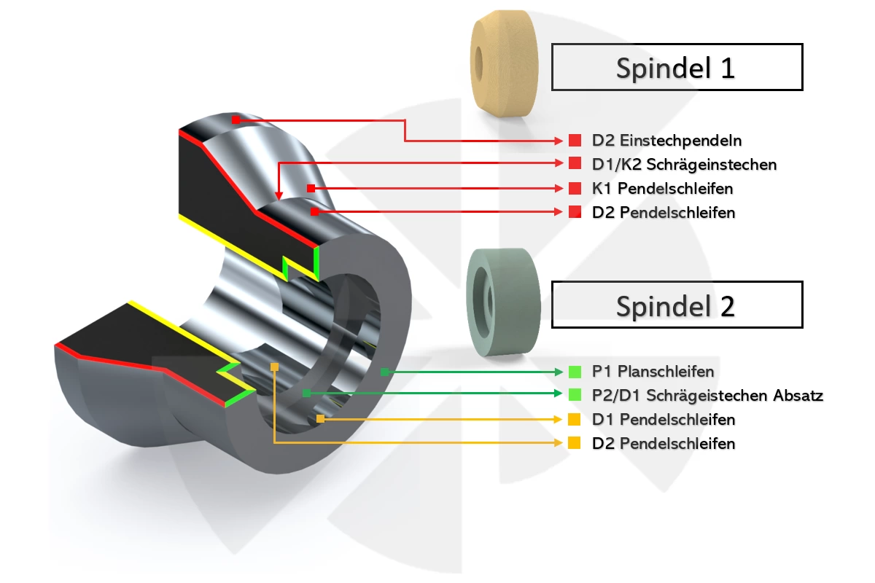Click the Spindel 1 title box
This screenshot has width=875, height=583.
tap(677, 67)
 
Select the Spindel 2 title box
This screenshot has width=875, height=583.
tap(677, 305)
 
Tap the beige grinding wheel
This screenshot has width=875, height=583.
tap(505, 63)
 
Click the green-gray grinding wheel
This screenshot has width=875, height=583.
tap(504, 302)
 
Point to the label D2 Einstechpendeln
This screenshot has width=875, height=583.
tap(666, 141)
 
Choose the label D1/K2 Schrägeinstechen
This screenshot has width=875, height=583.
tap(684, 165)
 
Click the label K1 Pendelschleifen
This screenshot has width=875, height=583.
tap(663, 188)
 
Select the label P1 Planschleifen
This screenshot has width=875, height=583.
tap(653, 372)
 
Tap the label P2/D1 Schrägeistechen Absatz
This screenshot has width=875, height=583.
tap(707, 395)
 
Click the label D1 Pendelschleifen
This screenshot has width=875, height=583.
tap(664, 419)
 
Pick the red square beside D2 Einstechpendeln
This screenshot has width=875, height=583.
tap(575, 140)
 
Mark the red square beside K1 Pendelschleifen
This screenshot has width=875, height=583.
tap(575, 188)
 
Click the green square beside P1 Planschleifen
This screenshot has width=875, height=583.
tap(575, 372)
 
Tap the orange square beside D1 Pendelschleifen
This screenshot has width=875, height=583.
tap(575, 419)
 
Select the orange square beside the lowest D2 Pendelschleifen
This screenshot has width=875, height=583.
tap(575, 443)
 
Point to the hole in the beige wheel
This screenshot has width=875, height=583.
tap(478, 63)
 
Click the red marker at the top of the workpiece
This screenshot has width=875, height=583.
tap(236, 120)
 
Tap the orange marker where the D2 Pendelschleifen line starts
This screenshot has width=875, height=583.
tap(275, 367)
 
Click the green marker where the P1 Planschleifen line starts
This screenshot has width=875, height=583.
tap(385, 372)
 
